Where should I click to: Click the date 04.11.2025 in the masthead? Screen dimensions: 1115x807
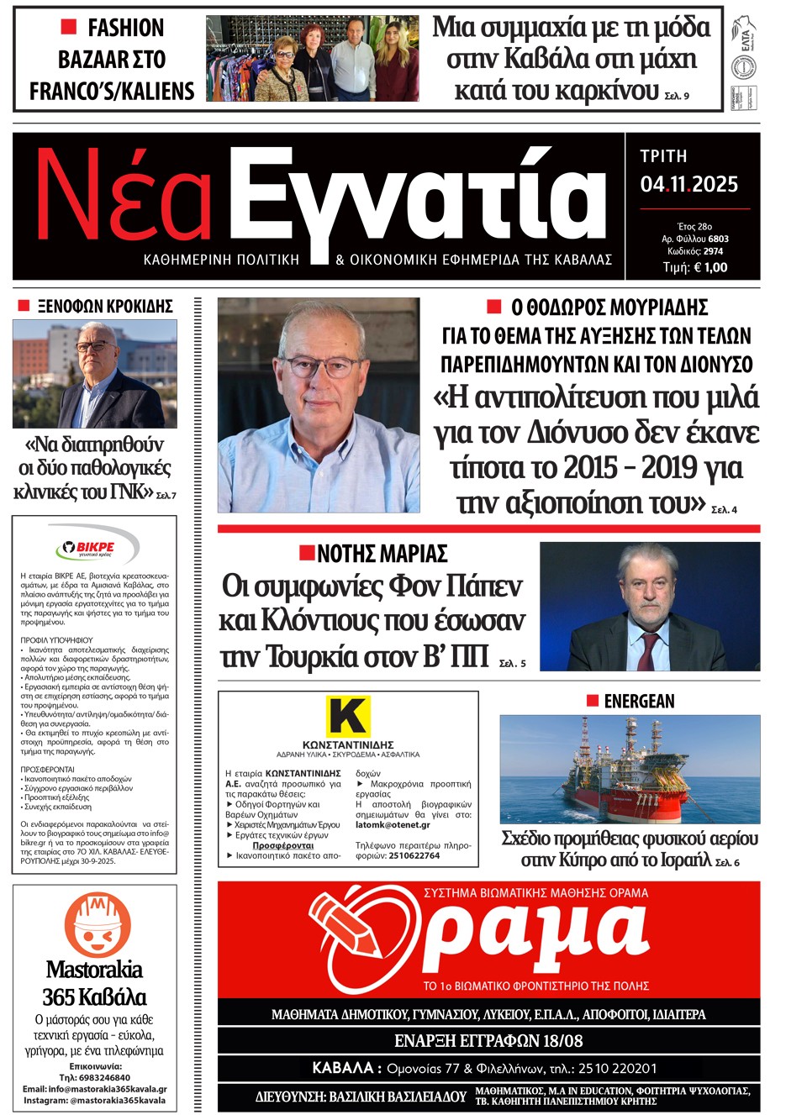click(688, 185)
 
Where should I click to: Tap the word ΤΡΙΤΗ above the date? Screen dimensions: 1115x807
click(663, 156)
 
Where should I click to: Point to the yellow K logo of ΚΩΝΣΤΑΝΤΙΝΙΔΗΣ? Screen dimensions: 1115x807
click(348, 716)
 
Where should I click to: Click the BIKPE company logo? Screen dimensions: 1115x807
click(95, 548)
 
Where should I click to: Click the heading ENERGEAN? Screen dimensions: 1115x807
click(639, 702)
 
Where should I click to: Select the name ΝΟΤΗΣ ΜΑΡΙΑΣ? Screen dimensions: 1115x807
click(382, 554)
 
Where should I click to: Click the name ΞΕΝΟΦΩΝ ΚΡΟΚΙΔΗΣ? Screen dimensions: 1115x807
click(105, 306)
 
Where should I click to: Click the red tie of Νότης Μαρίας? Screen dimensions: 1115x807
click(649, 650)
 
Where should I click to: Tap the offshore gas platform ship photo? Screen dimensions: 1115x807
click(630, 769)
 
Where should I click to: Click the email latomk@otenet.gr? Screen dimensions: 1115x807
click(393, 825)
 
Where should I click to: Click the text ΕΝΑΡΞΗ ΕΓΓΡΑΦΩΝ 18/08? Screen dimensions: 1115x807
click(488, 1041)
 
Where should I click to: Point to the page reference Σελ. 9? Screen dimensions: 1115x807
click(677, 97)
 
